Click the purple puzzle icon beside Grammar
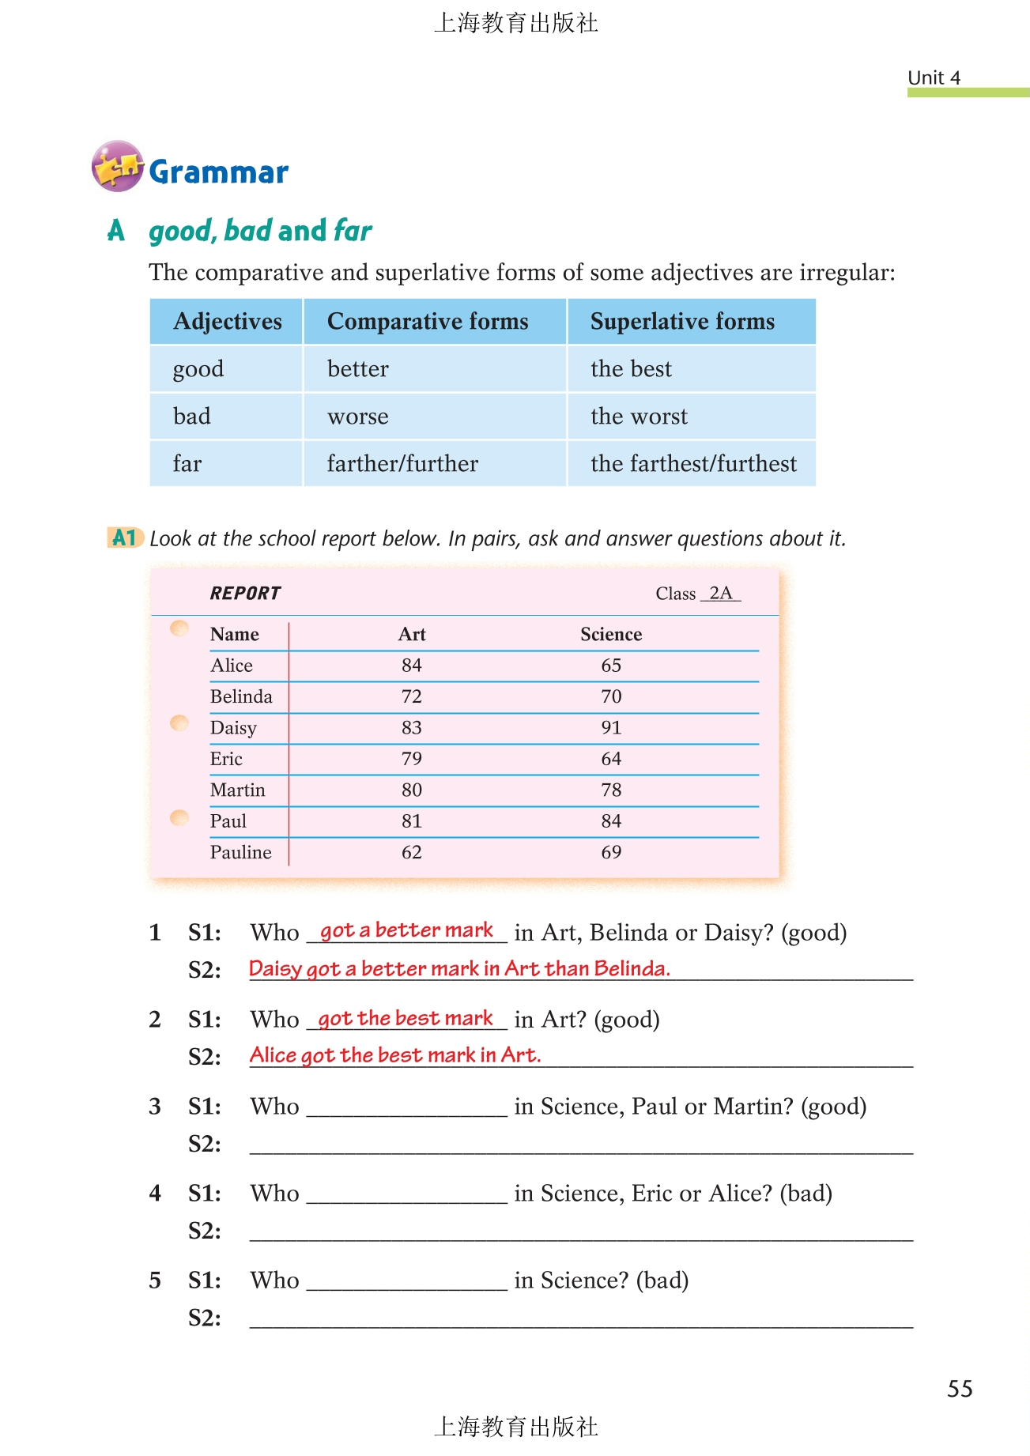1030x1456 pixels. tap(117, 166)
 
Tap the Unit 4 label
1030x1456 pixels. tap(934, 77)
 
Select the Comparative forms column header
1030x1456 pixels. tap(428, 322)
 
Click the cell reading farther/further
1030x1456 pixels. tap(402, 464)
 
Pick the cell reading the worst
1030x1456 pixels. tap(639, 417)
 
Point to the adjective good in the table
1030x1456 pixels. tap(198, 369)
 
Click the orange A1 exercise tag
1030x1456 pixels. tap(124, 538)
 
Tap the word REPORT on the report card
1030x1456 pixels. tap(245, 594)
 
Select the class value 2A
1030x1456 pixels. tap(720, 594)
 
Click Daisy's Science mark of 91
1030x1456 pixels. tap(611, 728)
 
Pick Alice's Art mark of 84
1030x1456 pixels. tap(411, 666)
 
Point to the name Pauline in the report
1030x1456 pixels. tap(240, 853)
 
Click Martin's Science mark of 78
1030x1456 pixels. tap(611, 790)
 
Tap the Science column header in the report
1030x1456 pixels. tap(611, 635)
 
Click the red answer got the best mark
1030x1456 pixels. tap(406, 1019)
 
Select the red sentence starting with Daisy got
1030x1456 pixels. tap(459, 969)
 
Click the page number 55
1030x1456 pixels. tap(960, 1389)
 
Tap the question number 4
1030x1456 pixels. tap(155, 1194)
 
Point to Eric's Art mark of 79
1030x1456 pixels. tap(411, 760)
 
